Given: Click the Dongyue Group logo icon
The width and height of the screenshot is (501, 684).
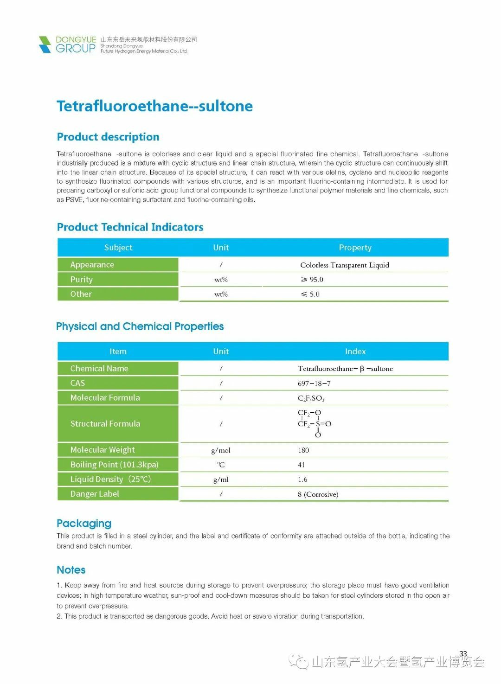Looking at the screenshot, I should click(45, 45).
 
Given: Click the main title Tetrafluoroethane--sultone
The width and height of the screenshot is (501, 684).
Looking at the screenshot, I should click(154, 106).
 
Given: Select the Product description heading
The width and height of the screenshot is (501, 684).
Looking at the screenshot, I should click(108, 137).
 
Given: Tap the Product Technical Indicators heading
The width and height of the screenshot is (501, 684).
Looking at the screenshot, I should click(130, 227).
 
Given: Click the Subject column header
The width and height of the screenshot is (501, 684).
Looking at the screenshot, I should click(118, 248).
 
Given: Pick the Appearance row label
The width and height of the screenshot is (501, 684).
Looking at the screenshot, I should click(92, 265).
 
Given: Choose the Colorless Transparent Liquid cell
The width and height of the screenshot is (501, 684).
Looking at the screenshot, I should click(344, 265).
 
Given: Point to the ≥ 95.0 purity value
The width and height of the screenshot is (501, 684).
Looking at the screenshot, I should click(312, 280).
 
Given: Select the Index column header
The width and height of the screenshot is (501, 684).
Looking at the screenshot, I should click(355, 352).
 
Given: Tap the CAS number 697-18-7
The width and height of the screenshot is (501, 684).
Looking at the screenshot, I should click(314, 384).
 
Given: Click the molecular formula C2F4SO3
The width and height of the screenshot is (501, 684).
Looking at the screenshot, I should click(311, 398).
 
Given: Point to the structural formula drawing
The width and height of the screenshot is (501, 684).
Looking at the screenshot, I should click(314, 423).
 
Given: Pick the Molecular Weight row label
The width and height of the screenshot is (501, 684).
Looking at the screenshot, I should click(103, 450).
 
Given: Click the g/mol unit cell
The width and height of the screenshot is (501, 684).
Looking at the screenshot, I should click(221, 450).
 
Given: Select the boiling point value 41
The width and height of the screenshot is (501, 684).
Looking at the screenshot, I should click(302, 465).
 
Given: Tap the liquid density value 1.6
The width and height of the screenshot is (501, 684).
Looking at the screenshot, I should click(302, 479).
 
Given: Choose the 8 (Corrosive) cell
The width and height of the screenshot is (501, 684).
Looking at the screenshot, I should click(318, 494).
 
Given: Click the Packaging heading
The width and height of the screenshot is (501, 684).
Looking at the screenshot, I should click(84, 523).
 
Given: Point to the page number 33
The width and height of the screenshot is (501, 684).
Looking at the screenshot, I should click(463, 654).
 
